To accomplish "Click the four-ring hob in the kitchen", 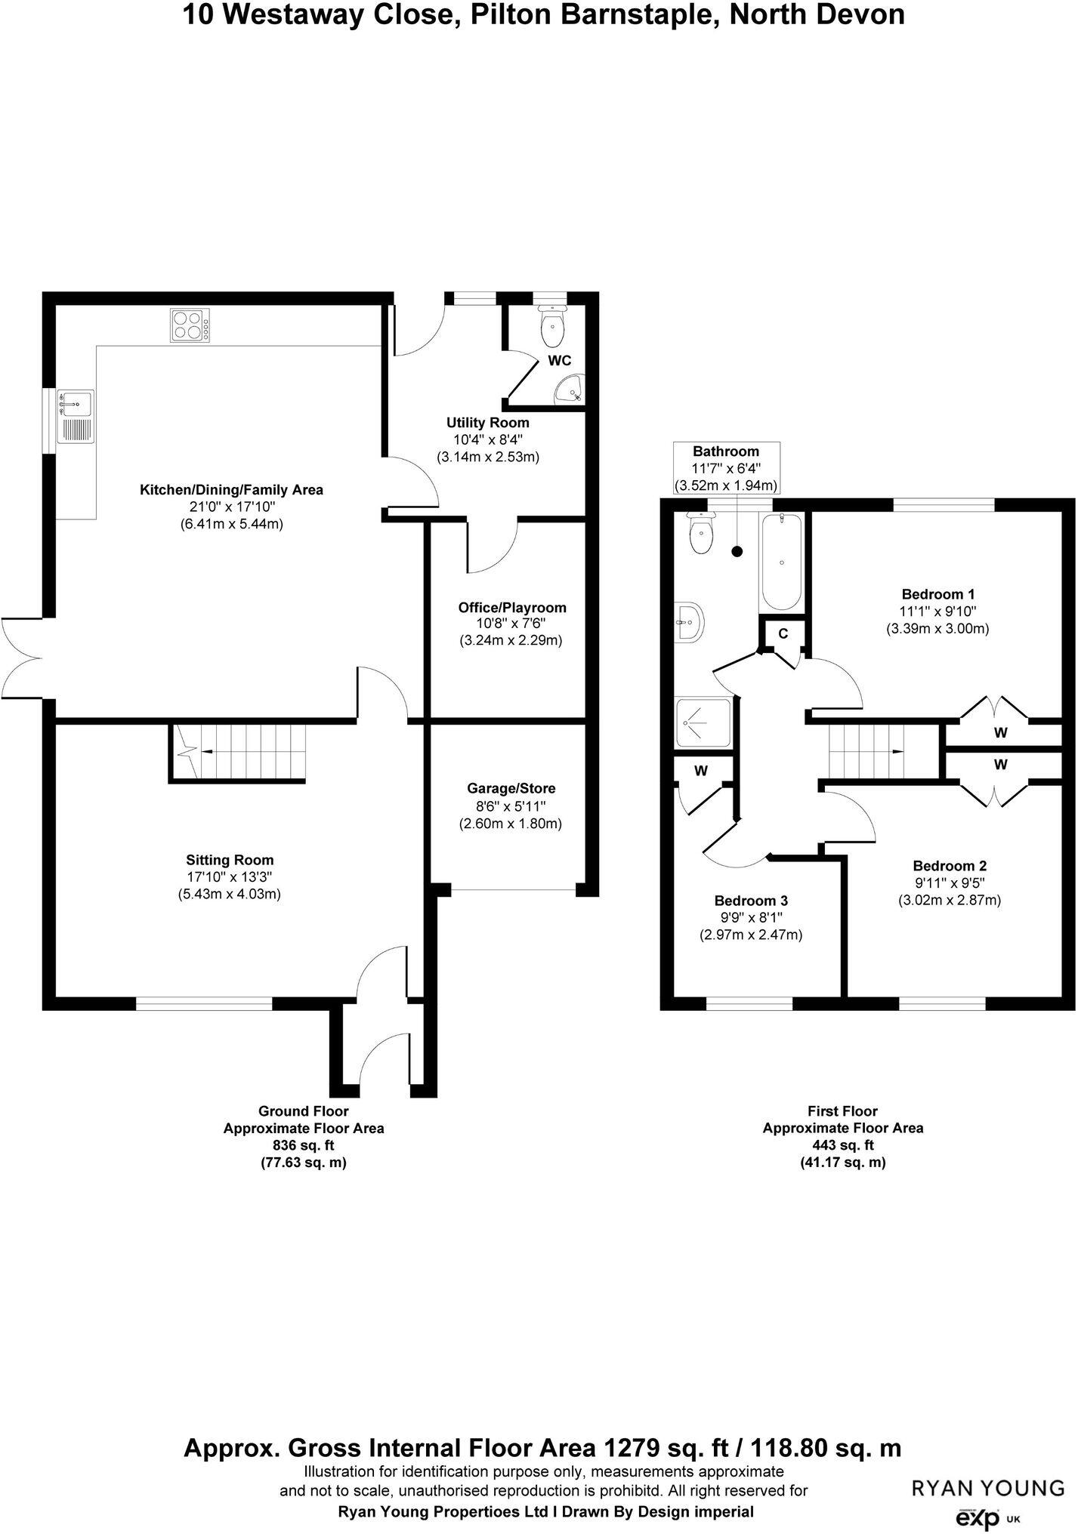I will pos(190,326).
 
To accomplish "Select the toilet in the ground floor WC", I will pos(554,325).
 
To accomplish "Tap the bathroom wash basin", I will pos(690,623).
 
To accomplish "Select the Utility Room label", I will pos(487,423).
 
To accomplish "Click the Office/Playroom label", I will pos(511,608).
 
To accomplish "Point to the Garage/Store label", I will pos(511,788).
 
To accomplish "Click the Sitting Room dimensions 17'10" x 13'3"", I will pos(230,877).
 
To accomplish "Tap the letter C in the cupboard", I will pos(783,634).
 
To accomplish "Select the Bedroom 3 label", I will pos(751,901).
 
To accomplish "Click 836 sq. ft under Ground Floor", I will pos(303,1146).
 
